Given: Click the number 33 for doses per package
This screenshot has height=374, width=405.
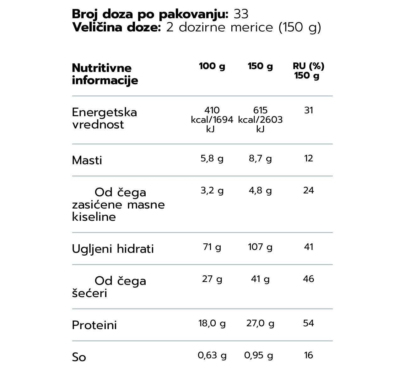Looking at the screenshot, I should tap(241, 14).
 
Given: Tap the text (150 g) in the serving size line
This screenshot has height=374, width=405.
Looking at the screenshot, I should tap(300, 28).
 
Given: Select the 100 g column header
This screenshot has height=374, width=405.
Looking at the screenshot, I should tap(212, 66).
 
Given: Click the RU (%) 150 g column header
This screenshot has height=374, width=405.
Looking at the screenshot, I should tap(308, 71).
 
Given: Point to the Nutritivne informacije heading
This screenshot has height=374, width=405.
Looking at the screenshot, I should tap(105, 74).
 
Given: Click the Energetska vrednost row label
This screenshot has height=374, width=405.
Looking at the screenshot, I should tap(104, 118).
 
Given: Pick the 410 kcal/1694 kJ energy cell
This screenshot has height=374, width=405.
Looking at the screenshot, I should tap(212, 120).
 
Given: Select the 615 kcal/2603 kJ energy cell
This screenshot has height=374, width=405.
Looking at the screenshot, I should tap(260, 120).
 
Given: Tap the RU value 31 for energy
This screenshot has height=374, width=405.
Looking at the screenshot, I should tap(309, 110).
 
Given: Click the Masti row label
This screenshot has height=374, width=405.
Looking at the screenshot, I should tap(87, 160).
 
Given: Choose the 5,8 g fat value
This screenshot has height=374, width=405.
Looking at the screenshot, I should tap(212, 159).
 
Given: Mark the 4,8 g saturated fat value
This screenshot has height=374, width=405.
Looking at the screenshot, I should tap(260, 191).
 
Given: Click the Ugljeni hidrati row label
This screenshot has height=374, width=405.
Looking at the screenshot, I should tap(113, 249).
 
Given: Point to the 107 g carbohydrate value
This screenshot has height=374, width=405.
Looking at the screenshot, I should tap(260, 247).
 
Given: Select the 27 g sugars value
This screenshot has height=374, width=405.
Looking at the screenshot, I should tap(212, 279).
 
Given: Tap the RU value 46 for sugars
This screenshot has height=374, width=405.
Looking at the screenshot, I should tap(309, 279).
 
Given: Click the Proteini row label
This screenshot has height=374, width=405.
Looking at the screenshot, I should tap(94, 325).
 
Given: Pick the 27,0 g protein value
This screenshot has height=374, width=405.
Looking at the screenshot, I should tap(260, 323).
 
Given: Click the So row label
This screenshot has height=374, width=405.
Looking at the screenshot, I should tap(79, 357).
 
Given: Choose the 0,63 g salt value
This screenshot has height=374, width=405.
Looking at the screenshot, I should tap(212, 355).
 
